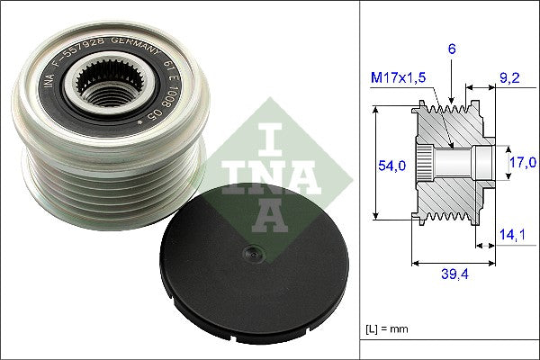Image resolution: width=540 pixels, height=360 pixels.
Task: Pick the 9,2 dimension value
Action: (508, 79)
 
